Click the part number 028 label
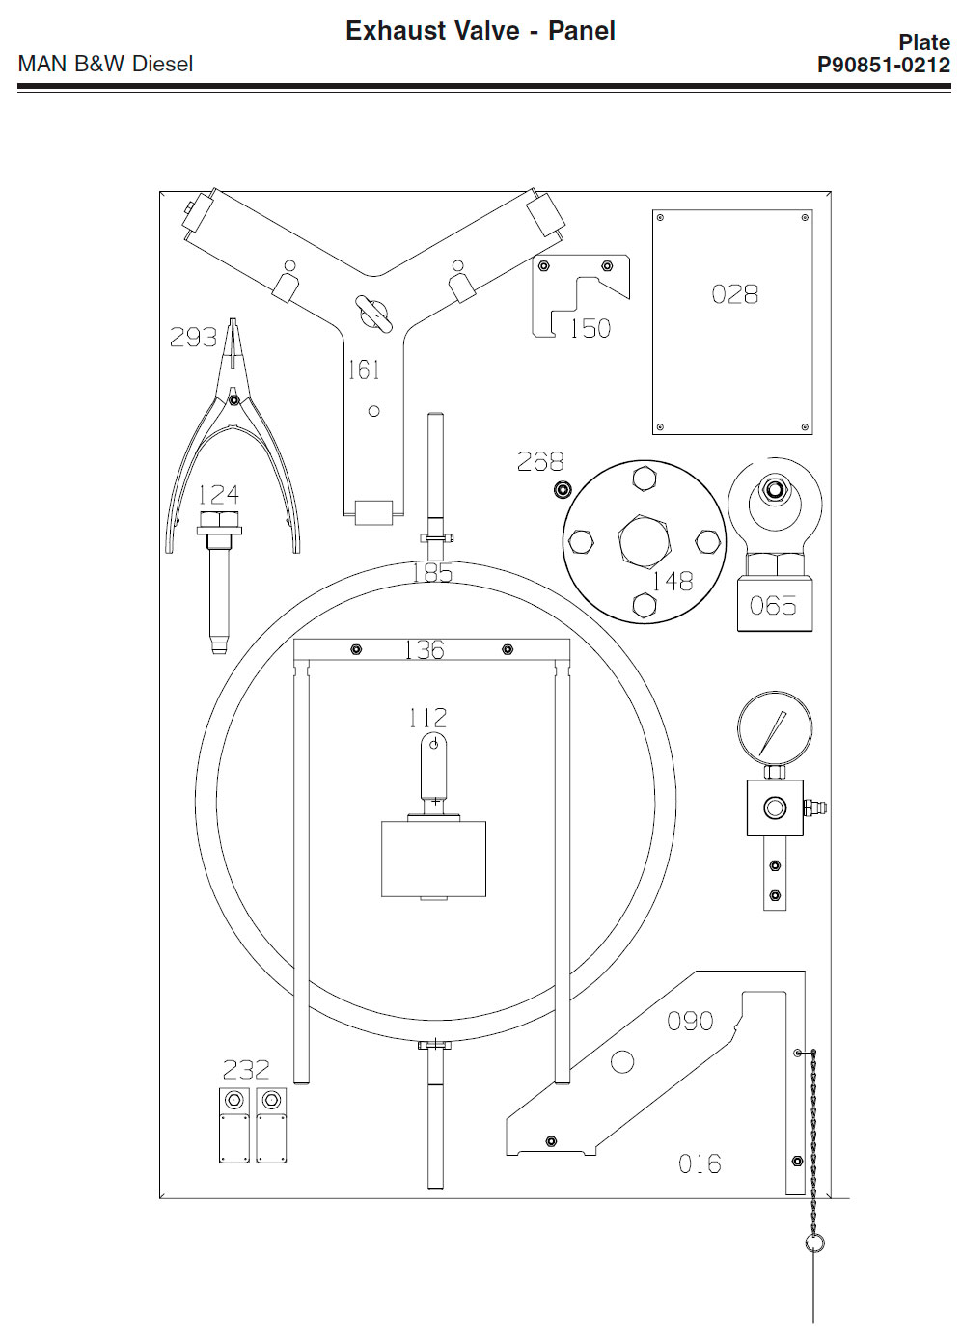734,293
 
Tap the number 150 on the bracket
590,328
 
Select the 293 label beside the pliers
193,337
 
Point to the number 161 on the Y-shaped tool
364,369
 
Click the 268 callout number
540,462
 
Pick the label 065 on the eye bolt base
773,606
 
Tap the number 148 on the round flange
672,581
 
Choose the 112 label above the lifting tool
427,718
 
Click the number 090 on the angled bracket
690,1021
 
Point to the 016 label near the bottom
700,1164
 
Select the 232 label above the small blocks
246,1070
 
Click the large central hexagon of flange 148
644,540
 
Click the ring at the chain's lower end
814,1243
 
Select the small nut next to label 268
563,490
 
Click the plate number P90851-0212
883,65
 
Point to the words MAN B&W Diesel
105,64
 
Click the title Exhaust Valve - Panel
480,31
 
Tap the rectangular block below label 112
433,859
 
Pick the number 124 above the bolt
218,495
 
